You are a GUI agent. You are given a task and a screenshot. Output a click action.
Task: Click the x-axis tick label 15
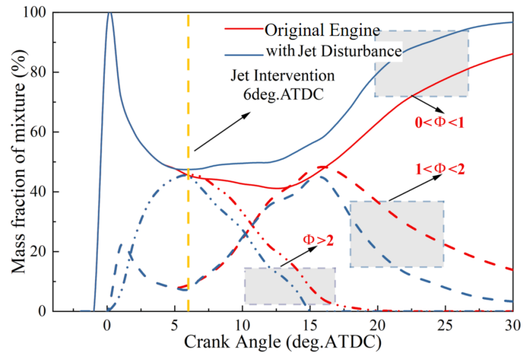310,326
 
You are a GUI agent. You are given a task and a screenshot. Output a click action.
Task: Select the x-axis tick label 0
107,326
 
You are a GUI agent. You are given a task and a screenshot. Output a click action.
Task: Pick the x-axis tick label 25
445,326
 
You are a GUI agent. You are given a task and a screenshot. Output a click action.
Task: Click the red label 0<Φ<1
439,122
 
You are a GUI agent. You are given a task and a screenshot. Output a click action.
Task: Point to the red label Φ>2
318,240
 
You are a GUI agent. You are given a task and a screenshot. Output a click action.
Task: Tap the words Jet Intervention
283,76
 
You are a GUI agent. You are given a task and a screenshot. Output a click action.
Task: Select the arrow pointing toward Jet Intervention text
222,131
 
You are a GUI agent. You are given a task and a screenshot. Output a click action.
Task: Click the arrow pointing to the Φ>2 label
299,256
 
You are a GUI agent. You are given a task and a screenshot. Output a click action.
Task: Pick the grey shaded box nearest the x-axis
290,286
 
